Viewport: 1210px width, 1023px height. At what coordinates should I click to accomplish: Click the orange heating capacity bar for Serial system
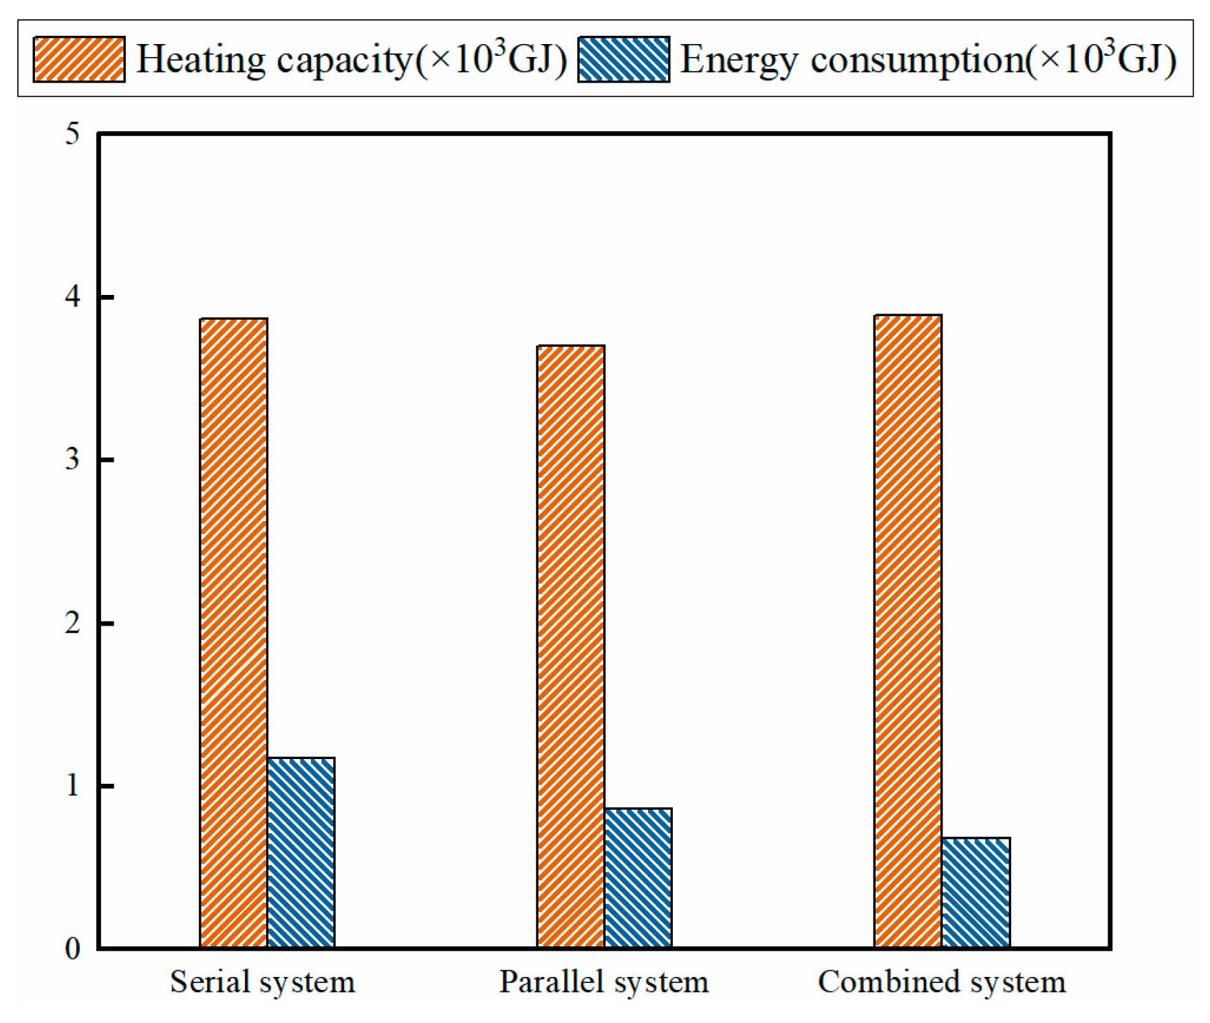click(x=233, y=632)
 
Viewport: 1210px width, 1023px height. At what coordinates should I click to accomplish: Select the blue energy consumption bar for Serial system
click(x=301, y=852)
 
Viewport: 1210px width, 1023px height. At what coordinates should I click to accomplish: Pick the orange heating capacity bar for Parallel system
click(x=570, y=646)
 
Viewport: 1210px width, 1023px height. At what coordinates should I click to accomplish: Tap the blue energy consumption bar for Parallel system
click(x=638, y=878)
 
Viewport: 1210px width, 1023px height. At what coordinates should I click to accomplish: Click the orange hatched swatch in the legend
click(x=79, y=59)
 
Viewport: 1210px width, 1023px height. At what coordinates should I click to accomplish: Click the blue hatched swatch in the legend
click(x=623, y=59)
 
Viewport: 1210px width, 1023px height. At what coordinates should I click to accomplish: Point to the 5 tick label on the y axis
click(x=72, y=134)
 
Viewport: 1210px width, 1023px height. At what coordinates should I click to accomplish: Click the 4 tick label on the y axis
click(x=72, y=297)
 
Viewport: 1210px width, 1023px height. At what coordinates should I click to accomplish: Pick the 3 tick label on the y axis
click(x=72, y=459)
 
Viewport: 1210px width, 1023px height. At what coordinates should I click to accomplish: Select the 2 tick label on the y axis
click(x=72, y=623)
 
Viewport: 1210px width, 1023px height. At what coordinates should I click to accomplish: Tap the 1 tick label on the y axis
click(x=72, y=785)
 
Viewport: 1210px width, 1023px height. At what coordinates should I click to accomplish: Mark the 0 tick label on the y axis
click(x=72, y=949)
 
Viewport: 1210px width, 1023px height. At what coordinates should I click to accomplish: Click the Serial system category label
click(x=262, y=982)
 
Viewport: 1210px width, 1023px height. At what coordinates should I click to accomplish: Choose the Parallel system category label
click(x=603, y=982)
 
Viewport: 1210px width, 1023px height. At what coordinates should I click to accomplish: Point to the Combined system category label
click(x=941, y=982)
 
